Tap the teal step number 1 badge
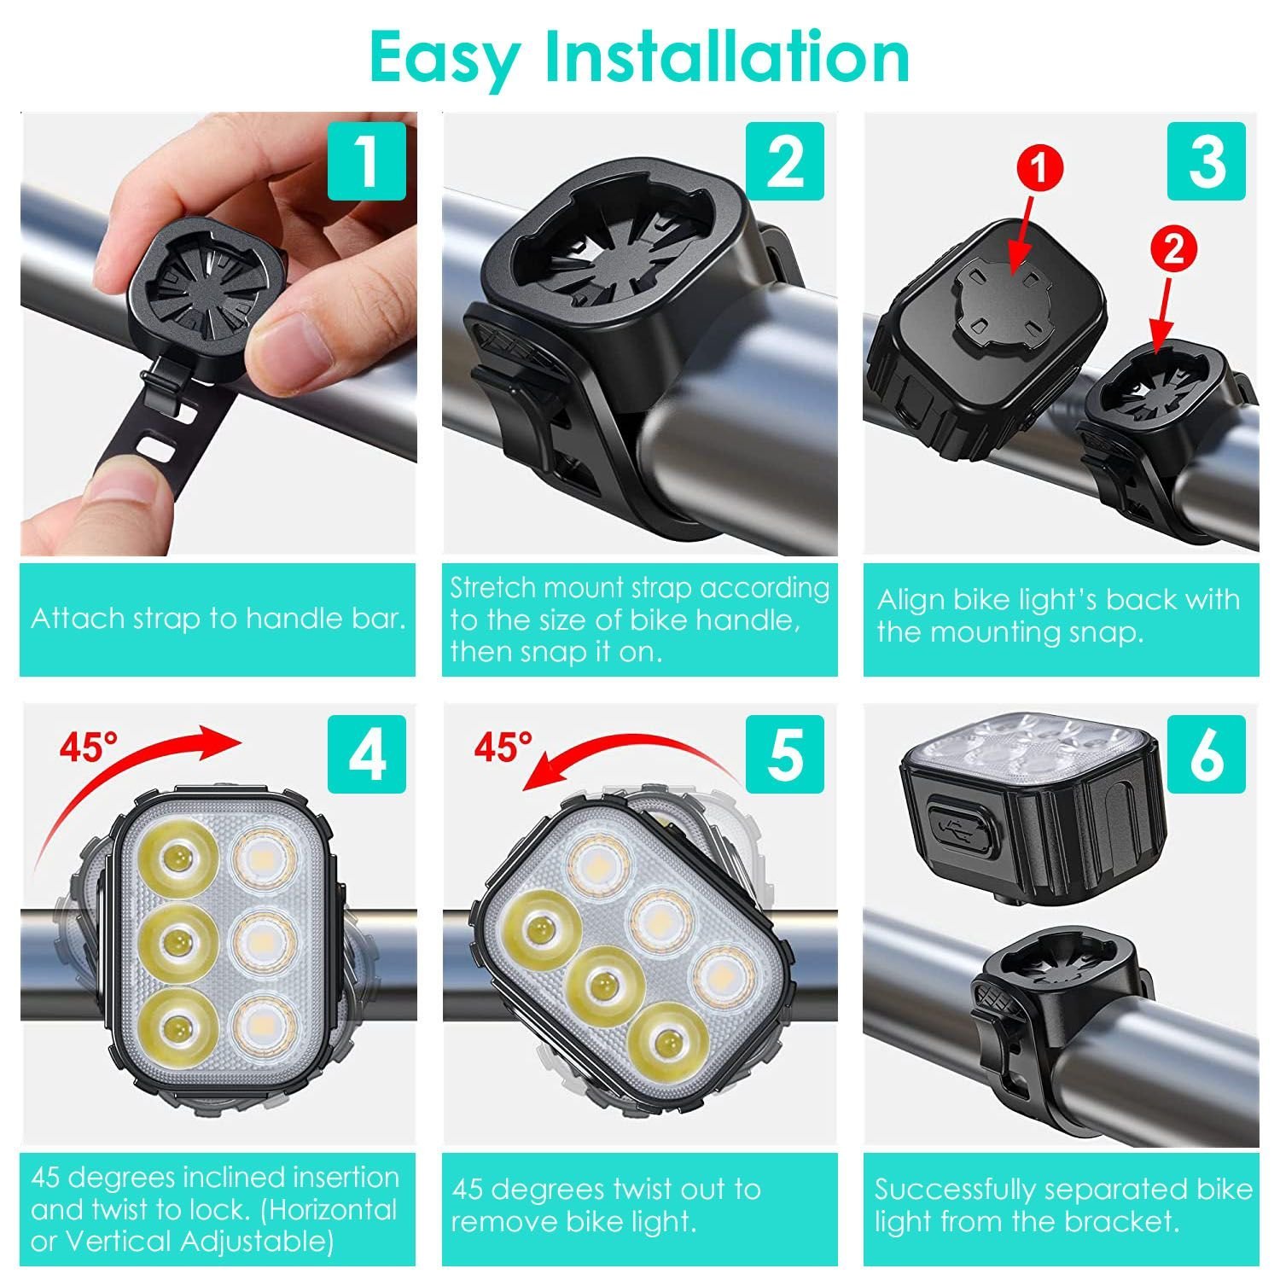(x=367, y=161)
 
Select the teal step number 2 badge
(x=785, y=161)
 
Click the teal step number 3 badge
(x=1207, y=161)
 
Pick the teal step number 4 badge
(x=367, y=754)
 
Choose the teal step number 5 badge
(x=785, y=754)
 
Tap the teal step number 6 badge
(x=1207, y=754)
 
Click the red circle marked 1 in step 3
(x=1038, y=168)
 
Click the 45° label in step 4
(x=89, y=748)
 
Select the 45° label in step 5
(x=503, y=748)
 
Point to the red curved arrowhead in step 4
(x=224, y=739)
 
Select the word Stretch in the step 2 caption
(x=492, y=588)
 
